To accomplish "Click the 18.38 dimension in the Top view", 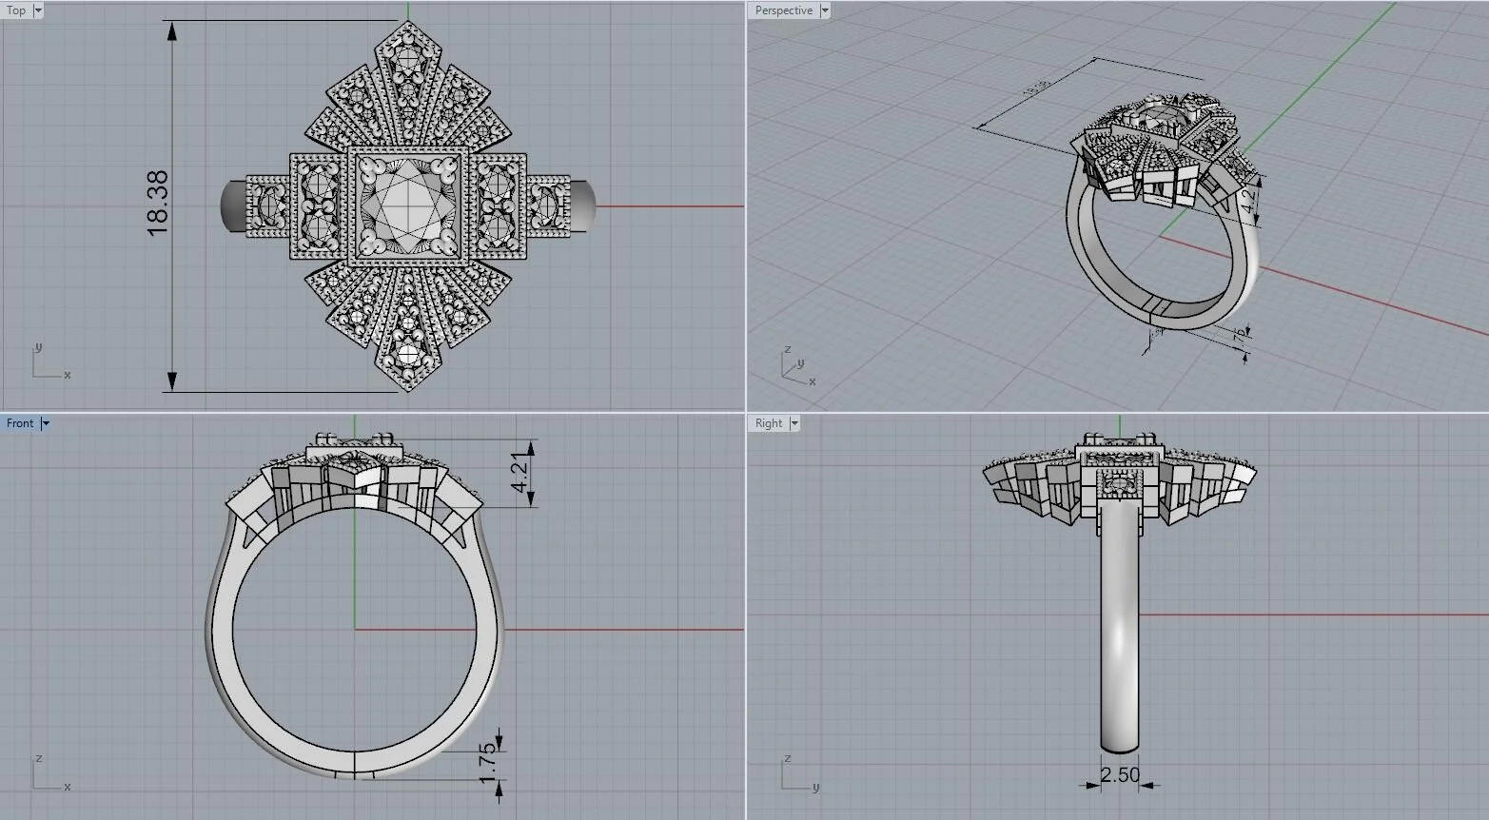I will [x=158, y=203].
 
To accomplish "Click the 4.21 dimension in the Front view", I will [x=519, y=473].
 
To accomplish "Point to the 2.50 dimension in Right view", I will [x=1120, y=775].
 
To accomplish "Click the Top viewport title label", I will [x=16, y=10].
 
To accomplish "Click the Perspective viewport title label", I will [x=784, y=10].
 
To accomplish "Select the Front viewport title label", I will [x=20, y=423].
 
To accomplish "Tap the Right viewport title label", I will [x=769, y=423].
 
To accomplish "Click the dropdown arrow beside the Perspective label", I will [x=825, y=10].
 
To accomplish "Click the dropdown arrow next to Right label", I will [x=794, y=423].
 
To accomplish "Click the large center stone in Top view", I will [x=407, y=205].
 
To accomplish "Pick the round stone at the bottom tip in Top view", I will [x=409, y=354].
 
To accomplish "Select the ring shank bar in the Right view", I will [x=1120, y=628].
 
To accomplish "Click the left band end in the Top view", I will [x=232, y=205].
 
